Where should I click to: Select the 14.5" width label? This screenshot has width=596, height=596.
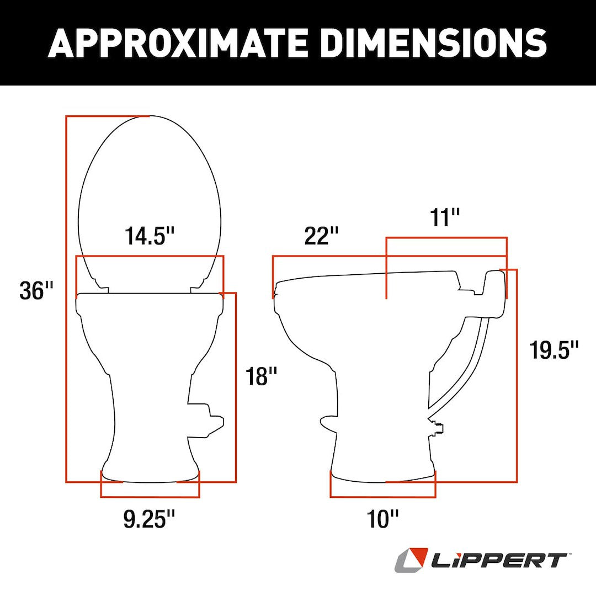149,236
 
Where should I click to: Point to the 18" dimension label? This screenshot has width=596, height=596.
261,376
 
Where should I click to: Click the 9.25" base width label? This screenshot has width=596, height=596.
149,519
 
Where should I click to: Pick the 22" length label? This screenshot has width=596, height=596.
321,236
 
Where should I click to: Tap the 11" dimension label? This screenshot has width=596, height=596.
446,217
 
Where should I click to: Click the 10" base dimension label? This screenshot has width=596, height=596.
382,519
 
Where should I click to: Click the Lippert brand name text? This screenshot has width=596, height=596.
497,560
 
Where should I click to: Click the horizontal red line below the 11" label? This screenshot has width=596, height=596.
446,238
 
